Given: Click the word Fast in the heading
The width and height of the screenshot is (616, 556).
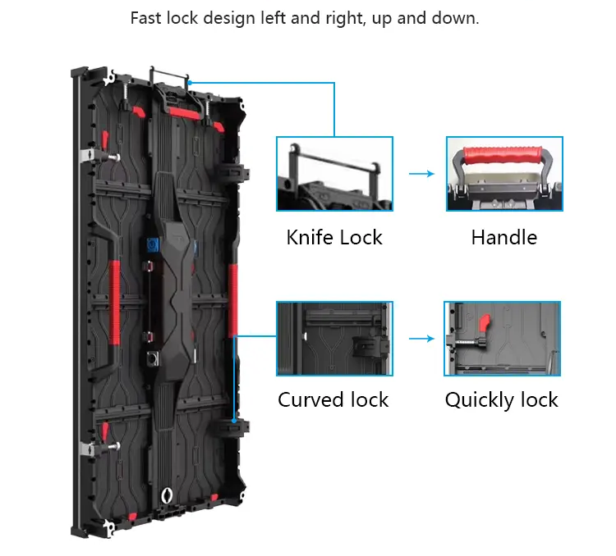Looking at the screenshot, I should pos(147,18).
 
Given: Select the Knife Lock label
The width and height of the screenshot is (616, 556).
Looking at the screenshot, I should pos(334,238).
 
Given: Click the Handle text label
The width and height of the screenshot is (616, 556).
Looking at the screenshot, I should pos(503,238).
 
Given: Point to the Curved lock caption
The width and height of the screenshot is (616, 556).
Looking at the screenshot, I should pos(333,400).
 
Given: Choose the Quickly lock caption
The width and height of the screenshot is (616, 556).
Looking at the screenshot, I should pos(501,400).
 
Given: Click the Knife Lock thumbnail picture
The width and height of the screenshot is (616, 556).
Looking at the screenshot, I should pos(334,175).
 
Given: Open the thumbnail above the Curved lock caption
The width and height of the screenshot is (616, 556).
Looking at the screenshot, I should pos(334,338).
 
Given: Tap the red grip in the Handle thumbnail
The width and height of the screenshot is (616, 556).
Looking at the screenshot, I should pos(504,153).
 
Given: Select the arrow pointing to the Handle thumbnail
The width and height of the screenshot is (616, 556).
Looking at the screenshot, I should pos(421,174).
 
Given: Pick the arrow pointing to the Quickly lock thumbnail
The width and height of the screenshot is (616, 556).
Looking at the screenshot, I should pos(421,338).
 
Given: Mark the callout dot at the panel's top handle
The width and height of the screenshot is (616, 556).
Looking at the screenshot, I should pos(189,82).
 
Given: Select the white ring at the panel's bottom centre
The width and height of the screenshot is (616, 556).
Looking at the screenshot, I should pos(168,495).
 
